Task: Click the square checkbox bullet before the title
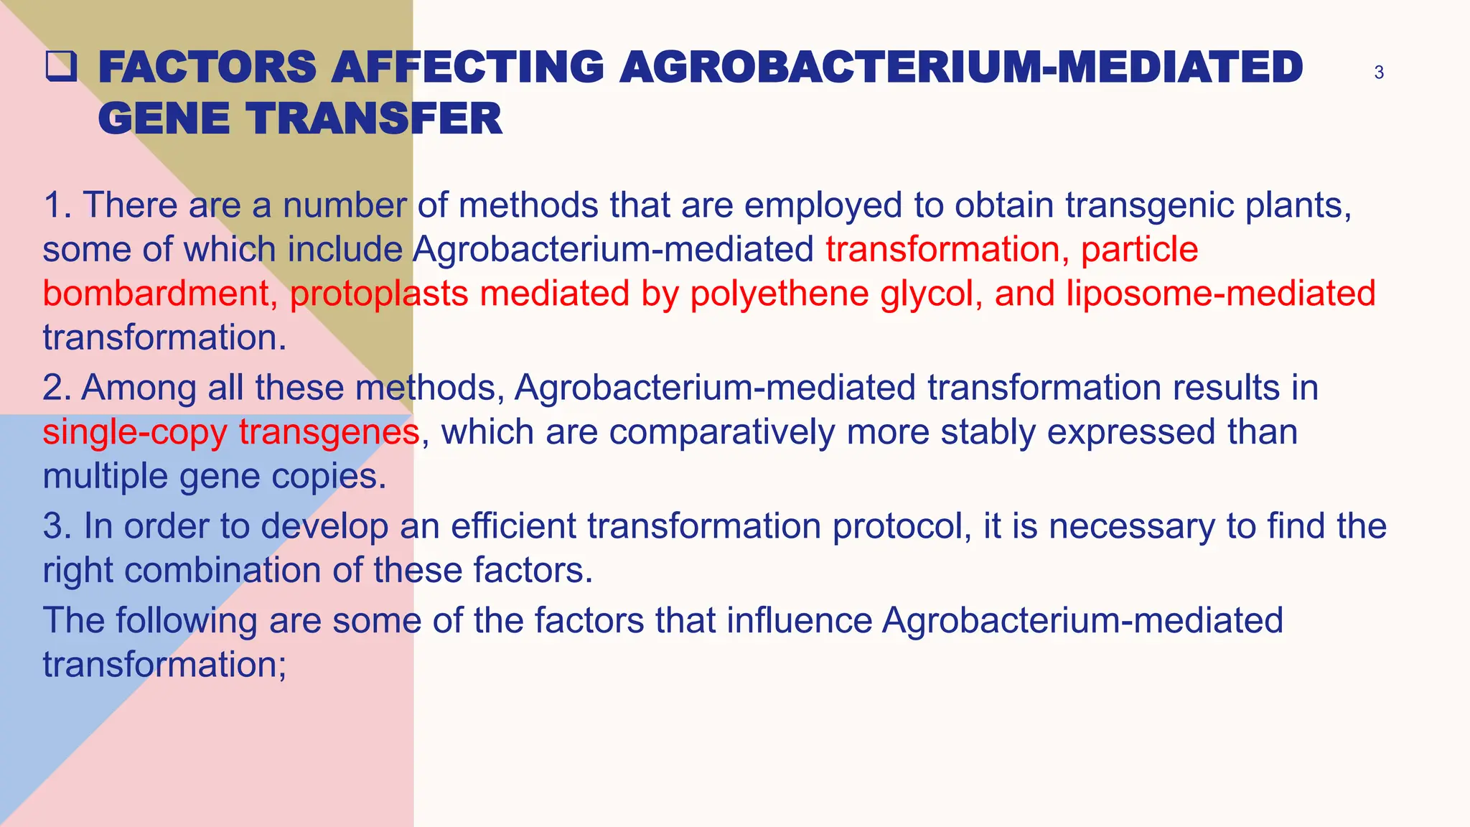61,67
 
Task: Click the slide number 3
1378,73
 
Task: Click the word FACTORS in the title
207,67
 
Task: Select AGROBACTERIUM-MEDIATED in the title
960,67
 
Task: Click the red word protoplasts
379,294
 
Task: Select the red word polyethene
780,294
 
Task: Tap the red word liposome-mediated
1220,294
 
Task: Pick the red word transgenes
329,432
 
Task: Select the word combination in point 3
223,571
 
